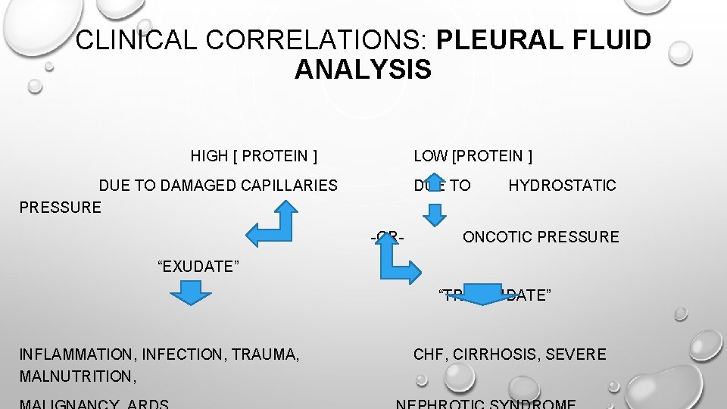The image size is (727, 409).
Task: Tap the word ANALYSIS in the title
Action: [x=363, y=70]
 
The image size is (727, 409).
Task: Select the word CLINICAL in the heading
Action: [x=134, y=40]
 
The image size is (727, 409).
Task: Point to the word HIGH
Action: [x=209, y=157]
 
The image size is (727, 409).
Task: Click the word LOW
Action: [x=430, y=157]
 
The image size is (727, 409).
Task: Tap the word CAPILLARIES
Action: [x=289, y=186]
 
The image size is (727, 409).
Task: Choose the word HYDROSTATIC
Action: [x=562, y=186]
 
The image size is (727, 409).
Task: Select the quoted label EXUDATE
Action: [x=198, y=266]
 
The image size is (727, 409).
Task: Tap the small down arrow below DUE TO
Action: [x=435, y=215]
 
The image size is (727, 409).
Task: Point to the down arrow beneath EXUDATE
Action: [x=186, y=292]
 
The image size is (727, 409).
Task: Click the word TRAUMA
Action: [x=265, y=354]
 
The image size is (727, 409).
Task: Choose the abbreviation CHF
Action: [x=429, y=354]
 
